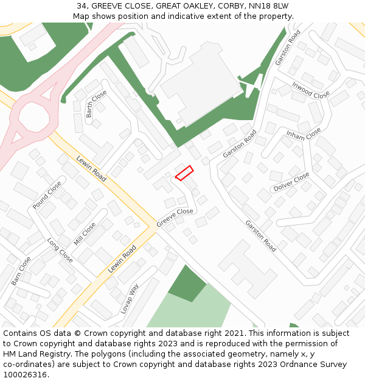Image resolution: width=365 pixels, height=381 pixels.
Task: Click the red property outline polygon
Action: click(184, 173)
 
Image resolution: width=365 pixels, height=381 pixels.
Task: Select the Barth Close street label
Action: click(96, 104)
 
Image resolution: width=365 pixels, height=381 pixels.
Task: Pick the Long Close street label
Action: click(60, 251)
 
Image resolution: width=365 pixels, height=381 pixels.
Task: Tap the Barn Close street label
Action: click(21, 271)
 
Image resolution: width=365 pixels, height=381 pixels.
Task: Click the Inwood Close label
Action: click(310, 90)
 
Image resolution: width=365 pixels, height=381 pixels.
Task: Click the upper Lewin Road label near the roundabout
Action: click(91, 169)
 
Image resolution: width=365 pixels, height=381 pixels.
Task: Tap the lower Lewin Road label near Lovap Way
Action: click(122, 259)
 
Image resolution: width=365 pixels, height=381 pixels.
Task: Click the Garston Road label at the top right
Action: click(288, 48)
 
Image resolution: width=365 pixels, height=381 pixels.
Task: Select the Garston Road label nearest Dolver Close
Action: click(260, 236)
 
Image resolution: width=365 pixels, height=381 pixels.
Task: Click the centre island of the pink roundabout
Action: click(32, 116)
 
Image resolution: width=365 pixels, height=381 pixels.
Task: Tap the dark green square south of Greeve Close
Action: click(187, 283)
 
